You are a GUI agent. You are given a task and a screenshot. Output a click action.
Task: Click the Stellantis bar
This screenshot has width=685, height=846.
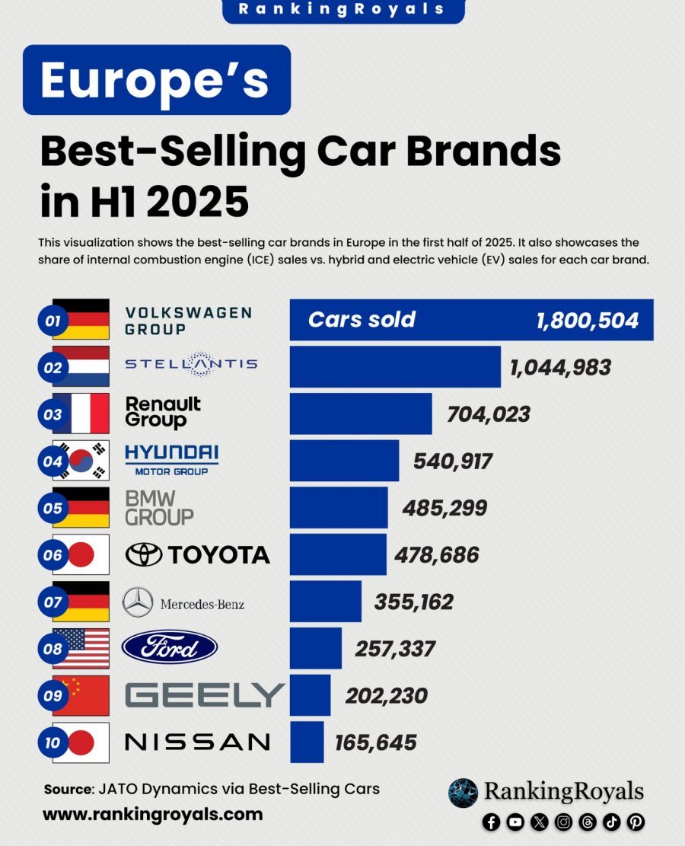click(395, 366)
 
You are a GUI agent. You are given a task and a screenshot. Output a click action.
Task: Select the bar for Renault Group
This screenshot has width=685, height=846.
click(361, 413)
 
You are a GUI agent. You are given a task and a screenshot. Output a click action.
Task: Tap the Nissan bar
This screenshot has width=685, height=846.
click(307, 742)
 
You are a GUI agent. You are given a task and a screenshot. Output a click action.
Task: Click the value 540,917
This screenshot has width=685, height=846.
click(453, 461)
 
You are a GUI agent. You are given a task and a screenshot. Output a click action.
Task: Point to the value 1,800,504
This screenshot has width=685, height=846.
click(587, 320)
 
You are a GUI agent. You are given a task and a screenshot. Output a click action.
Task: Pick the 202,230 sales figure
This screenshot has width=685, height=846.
click(386, 695)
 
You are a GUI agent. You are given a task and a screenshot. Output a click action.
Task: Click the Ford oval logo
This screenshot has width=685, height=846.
click(169, 648)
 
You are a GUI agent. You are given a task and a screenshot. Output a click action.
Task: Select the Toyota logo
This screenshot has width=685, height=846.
click(197, 554)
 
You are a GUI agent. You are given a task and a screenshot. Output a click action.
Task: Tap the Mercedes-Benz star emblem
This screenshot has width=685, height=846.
click(138, 602)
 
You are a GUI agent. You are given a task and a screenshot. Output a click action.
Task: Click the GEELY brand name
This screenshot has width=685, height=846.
click(204, 695)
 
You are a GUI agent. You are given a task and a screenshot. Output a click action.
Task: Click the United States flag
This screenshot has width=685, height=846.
click(81, 648)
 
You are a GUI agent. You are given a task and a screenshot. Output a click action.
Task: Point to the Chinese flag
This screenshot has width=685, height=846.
click(81, 695)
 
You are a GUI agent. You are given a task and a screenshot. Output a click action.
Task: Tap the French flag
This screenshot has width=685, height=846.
click(81, 413)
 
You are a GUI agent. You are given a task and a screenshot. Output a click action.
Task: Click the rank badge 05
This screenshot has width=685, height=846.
click(53, 508)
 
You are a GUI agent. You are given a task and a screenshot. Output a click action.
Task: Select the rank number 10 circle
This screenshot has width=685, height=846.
click(53, 742)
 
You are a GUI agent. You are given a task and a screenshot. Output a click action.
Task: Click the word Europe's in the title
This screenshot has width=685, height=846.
click(155, 80)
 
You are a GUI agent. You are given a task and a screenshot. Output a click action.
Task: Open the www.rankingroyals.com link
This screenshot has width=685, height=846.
click(152, 814)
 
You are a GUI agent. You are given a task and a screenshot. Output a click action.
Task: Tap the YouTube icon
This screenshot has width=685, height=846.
click(515, 822)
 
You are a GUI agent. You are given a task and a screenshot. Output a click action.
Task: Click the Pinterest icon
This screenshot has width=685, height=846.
click(636, 822)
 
